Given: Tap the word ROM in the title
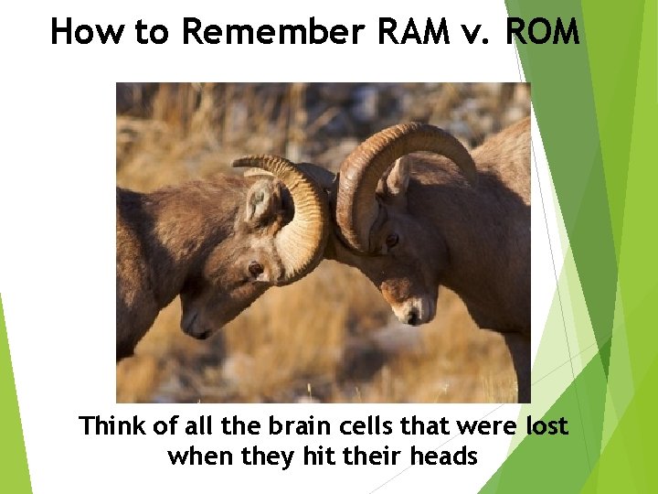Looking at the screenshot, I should [x=542, y=32].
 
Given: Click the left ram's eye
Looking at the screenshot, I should [x=255, y=269].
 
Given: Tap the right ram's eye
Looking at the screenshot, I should [x=391, y=241].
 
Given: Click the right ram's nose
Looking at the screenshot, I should [x=413, y=316].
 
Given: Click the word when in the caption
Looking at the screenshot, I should [x=196, y=456].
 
